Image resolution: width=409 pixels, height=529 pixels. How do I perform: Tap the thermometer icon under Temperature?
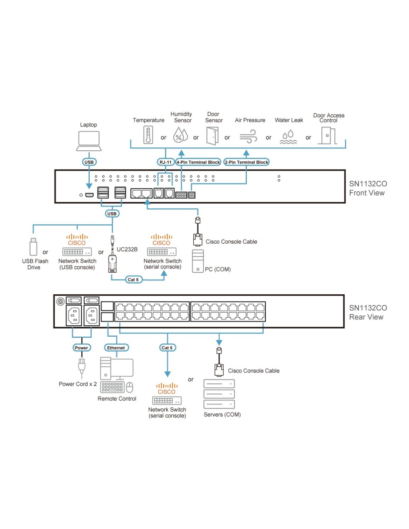click(x=148, y=135)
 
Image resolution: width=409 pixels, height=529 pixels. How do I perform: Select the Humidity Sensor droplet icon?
click(x=180, y=135)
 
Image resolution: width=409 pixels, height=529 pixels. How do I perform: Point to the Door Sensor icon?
click(x=212, y=136)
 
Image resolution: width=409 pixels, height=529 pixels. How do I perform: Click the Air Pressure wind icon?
click(x=248, y=136)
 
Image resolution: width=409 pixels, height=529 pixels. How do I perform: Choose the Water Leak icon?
click(x=289, y=137)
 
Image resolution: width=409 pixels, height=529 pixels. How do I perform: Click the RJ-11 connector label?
click(x=165, y=162)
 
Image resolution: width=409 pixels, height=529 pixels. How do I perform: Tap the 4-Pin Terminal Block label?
click(x=198, y=162)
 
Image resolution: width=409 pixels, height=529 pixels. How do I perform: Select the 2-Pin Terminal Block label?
click(x=246, y=162)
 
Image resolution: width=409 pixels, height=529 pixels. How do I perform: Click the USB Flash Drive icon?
click(x=33, y=246)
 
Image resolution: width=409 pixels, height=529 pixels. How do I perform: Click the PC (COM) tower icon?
click(x=198, y=261)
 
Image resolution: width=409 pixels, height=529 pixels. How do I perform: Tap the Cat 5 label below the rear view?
click(x=167, y=348)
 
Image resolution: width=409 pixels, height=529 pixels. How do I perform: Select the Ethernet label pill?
click(x=116, y=348)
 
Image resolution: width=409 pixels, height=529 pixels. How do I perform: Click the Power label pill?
click(x=81, y=348)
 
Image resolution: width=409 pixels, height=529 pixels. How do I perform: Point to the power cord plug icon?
click(x=81, y=366)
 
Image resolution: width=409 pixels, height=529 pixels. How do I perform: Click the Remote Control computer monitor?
click(x=122, y=369)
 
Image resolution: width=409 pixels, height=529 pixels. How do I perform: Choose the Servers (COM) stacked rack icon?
click(x=219, y=394)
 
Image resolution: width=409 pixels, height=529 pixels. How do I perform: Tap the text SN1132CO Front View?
click(x=367, y=188)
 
